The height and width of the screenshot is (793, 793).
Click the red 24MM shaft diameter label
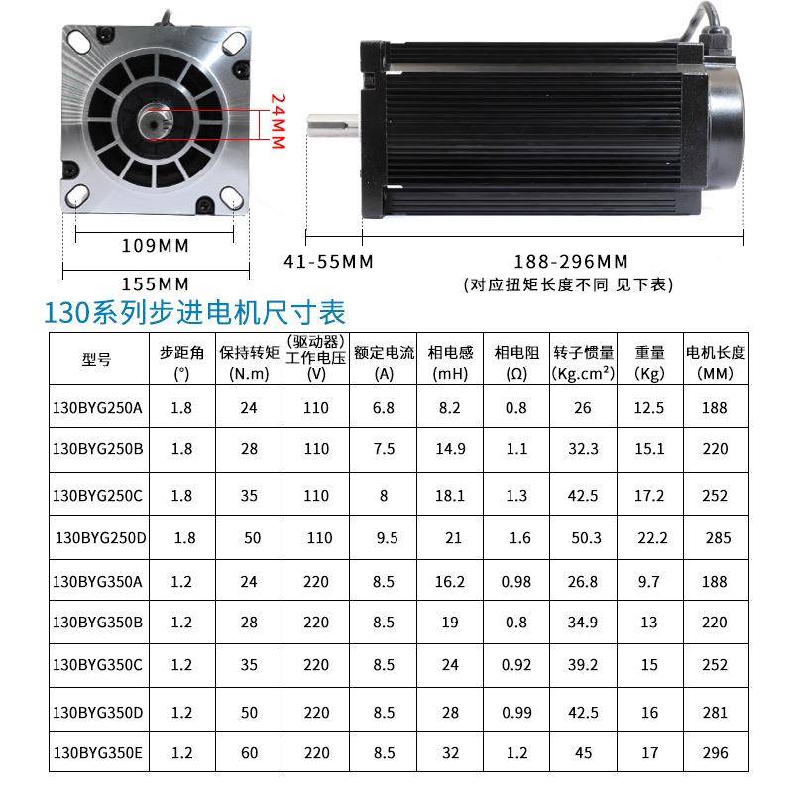pos(279,121)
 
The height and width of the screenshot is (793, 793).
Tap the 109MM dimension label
pos(155,245)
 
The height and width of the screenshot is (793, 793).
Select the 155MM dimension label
pos(155,283)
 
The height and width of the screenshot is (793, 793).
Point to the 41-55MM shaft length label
pos(328,263)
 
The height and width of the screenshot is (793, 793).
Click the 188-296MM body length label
pos(571,263)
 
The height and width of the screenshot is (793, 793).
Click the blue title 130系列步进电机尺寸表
pos(194,314)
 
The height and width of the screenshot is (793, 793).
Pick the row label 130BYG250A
pos(97,407)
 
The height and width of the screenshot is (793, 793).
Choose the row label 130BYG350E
pos(97,753)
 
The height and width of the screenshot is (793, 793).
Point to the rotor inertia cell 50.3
pos(586,538)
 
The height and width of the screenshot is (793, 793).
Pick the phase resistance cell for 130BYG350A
pos(517,582)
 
